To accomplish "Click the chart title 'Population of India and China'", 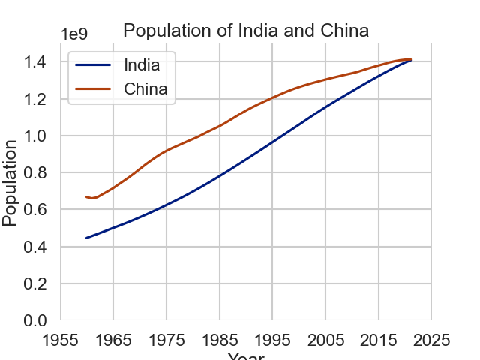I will (x=246, y=31).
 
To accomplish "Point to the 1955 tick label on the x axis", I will (x=60, y=340).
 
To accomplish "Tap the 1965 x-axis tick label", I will (x=113, y=340).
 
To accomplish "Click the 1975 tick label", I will (x=166, y=340).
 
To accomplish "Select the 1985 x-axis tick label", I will (x=219, y=340).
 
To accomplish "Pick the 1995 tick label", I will (x=272, y=340).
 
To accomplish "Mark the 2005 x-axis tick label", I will (x=325, y=340).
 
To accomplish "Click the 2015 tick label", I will (x=379, y=340).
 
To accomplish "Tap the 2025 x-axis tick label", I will (x=431, y=340).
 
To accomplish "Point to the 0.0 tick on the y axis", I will (x=35, y=321).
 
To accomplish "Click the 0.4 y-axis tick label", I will (x=35, y=247).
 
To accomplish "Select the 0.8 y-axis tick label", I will (x=35, y=173).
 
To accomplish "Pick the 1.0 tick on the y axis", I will (x=35, y=136).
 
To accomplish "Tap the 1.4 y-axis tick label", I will (x=35, y=62).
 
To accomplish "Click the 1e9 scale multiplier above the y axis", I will (x=74, y=34).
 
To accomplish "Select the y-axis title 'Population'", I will (x=10, y=182).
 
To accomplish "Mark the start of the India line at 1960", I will (x=87, y=238).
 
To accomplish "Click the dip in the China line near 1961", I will (x=92, y=198).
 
